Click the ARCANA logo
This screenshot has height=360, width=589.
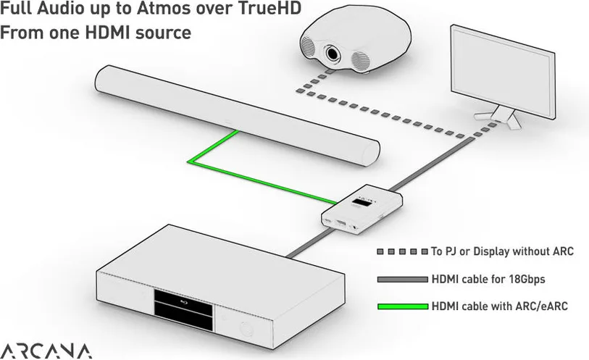point(46,351)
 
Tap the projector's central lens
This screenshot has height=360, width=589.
point(333,53)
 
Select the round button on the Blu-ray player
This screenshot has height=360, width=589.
point(246,329)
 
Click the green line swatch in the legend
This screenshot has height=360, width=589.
point(403,306)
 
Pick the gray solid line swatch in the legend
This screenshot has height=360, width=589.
point(403,280)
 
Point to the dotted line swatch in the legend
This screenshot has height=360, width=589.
point(403,251)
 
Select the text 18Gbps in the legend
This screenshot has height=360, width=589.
point(527,280)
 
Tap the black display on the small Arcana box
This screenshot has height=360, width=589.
point(362,204)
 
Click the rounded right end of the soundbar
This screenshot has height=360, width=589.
point(370,152)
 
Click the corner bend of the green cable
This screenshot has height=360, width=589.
point(189,162)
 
